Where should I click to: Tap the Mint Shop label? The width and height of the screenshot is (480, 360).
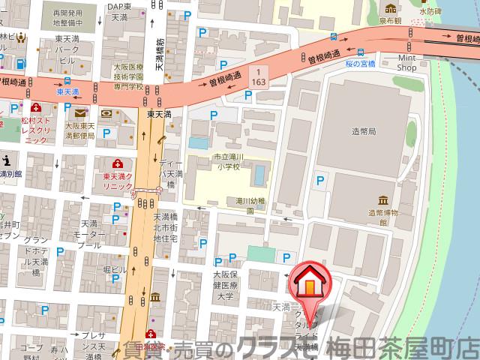[406, 61]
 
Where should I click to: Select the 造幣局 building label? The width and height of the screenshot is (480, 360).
[363, 130]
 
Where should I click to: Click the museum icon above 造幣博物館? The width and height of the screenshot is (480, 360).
[383, 200]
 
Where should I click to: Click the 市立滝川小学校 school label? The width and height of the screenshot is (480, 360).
[225, 162]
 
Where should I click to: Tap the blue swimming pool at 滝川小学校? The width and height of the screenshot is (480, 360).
[259, 175]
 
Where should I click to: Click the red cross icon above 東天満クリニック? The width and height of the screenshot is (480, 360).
[116, 163]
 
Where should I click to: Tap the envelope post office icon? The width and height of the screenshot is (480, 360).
[81, 113]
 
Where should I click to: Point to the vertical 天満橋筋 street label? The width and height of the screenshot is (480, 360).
[160, 56]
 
